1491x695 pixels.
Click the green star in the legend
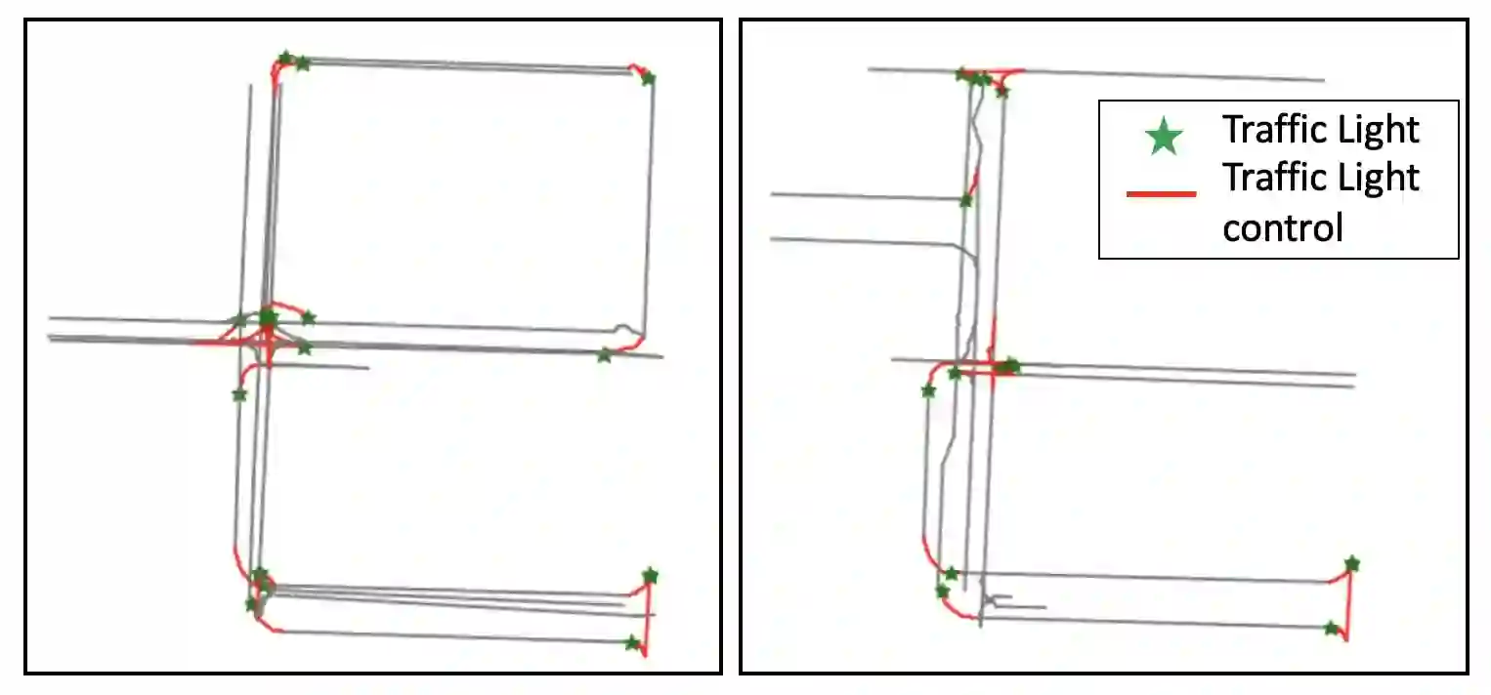coord(1164,137)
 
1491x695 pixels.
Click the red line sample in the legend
coord(1161,193)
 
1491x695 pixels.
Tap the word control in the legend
coord(1283,228)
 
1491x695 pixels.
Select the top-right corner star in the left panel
coord(648,78)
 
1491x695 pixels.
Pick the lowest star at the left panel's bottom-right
coord(632,643)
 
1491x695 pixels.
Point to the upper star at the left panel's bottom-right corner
coord(651,575)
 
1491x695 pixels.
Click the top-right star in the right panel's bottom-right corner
coord(1352,564)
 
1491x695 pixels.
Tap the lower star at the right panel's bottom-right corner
coord(1331,628)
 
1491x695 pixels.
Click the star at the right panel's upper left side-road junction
coord(966,200)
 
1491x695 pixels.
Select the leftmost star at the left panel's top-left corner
coord(285,58)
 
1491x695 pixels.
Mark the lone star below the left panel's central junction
coord(239,395)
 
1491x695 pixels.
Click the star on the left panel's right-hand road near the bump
coord(604,355)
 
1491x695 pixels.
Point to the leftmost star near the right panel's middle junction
coord(928,391)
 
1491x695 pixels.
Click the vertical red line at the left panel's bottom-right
coord(647,619)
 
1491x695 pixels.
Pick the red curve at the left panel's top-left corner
coord(276,72)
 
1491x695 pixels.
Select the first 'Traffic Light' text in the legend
coord(1321,129)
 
